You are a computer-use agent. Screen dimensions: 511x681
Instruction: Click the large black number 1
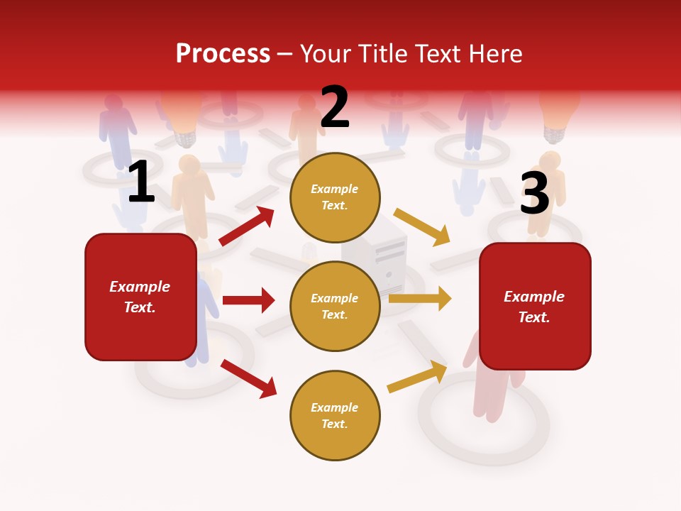(x=140, y=182)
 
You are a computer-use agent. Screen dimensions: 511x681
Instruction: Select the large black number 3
(x=534, y=193)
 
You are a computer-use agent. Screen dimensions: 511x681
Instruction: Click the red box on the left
(x=140, y=297)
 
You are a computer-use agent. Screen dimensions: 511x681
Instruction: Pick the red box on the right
(x=535, y=307)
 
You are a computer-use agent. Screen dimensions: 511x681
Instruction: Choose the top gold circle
(x=335, y=197)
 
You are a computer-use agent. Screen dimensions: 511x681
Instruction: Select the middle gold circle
(x=335, y=307)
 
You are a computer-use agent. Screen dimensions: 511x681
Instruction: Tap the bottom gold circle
(x=335, y=416)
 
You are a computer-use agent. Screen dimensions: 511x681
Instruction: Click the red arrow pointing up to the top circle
(x=247, y=226)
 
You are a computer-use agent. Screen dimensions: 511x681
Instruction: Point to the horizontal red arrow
(x=248, y=300)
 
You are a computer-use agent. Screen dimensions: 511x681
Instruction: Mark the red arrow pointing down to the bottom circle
(x=249, y=378)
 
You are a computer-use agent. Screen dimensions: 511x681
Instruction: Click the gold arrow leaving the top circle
(x=422, y=226)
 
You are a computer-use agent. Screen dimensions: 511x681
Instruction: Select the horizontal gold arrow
(x=420, y=299)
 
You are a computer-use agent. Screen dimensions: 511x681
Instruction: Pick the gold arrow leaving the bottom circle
(x=417, y=376)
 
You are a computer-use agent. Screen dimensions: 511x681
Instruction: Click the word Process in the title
(x=223, y=54)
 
